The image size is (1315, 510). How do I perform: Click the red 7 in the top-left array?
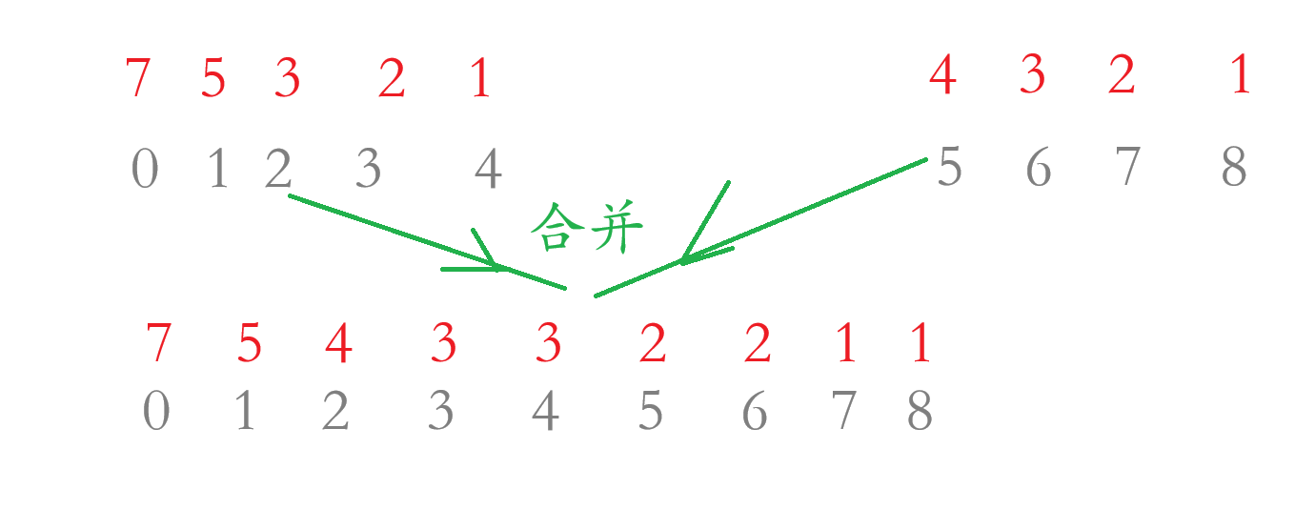[x=138, y=78]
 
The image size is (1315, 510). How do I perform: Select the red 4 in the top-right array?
[x=942, y=75]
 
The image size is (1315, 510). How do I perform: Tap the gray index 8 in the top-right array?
[x=1234, y=169]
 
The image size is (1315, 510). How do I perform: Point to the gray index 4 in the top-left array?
[x=488, y=172]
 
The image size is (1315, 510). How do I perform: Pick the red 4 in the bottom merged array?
[x=338, y=344]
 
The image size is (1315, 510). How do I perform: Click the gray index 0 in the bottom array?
[x=156, y=412]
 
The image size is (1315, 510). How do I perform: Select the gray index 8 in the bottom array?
[x=920, y=412]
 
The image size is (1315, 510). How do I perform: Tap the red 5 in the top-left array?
[x=213, y=78]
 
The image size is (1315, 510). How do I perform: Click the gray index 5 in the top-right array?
[x=950, y=169]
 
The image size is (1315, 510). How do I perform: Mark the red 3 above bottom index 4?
[x=548, y=343]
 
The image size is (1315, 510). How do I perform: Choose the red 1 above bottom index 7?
[x=845, y=344]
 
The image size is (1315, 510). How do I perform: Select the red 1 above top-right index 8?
[x=1240, y=75]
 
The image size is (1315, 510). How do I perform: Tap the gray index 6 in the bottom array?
[x=755, y=412]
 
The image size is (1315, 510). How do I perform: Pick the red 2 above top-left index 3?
[x=391, y=80]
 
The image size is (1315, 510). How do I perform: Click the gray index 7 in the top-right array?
[x=1127, y=169]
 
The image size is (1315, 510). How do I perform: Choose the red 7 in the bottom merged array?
[x=159, y=343]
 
